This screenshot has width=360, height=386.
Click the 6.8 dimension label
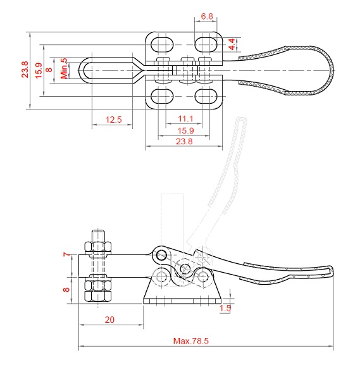tap(207, 16)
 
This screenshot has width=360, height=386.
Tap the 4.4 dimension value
tap(232, 44)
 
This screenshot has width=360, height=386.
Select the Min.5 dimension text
tap(64, 68)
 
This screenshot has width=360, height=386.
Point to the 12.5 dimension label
tap(113, 120)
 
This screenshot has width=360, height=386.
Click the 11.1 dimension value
tap(185, 119)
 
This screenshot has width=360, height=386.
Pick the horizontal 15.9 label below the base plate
tap(185, 130)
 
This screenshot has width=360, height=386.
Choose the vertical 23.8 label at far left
tap(25, 70)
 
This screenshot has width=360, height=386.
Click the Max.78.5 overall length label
tap(191, 341)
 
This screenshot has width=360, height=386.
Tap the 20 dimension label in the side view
tap(109, 320)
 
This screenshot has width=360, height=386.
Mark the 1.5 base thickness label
tap(225, 308)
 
